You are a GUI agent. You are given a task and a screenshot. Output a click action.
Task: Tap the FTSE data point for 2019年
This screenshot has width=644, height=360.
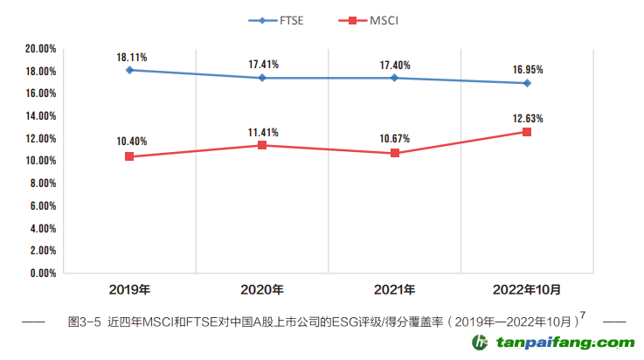[x=129, y=70]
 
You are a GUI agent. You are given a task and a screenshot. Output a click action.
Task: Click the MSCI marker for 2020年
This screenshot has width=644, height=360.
[x=262, y=145]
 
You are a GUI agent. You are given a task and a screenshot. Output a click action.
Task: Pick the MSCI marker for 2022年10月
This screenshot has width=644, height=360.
[x=527, y=132]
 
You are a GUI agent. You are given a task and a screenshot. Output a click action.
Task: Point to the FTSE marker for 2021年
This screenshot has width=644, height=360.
[x=395, y=78]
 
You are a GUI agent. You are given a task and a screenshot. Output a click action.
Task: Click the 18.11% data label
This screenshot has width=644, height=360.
[x=131, y=57]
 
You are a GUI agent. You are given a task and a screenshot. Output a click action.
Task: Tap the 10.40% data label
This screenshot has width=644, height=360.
[x=131, y=142]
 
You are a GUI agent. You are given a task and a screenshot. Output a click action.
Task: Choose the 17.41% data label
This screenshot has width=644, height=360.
[x=262, y=64]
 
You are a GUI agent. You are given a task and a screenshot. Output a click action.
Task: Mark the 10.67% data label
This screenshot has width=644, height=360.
[x=395, y=138]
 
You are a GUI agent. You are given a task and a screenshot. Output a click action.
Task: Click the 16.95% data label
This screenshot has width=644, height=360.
[x=527, y=69]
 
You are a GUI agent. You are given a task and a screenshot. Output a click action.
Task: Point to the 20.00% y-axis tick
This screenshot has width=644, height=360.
[x=41, y=49]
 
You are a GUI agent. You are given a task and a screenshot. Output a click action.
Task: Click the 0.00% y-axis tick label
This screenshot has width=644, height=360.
[x=44, y=273]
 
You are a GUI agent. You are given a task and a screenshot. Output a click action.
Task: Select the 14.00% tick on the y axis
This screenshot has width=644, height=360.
[x=41, y=116]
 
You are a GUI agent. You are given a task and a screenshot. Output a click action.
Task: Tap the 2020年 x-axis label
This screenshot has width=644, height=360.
[x=262, y=289]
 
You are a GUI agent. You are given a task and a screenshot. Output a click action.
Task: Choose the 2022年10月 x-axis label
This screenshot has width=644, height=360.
[x=527, y=289]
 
